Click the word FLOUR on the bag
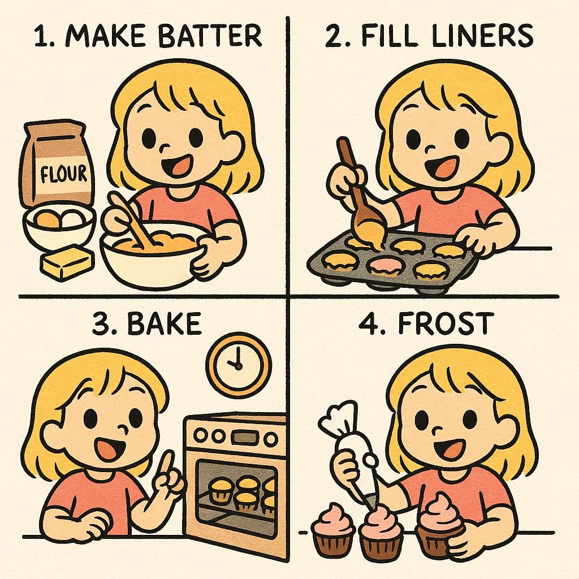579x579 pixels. [x=63, y=174]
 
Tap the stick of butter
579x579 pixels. [x=67, y=262]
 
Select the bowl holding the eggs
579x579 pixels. [x=58, y=228]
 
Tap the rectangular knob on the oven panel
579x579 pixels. [x=241, y=438]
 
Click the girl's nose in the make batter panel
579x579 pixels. [x=165, y=148]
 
